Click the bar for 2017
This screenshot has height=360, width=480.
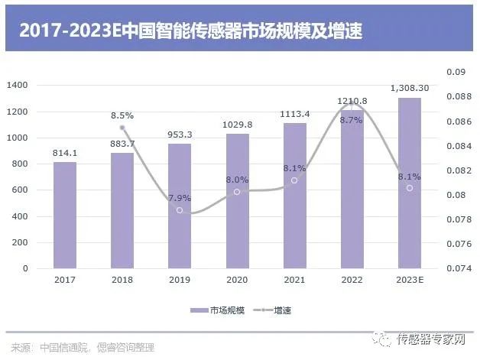point(65,215)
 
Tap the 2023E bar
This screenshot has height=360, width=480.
point(410,183)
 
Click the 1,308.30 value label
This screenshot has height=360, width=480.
point(410,89)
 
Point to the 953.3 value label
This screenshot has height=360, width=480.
point(180,135)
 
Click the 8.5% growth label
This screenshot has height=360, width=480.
point(122,115)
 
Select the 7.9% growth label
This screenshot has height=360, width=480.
point(180,197)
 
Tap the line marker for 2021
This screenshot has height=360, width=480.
point(294,180)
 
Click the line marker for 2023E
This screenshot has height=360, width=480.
point(410,188)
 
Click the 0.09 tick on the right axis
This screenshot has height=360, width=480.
point(456,73)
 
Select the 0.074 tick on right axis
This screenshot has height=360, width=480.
point(457,268)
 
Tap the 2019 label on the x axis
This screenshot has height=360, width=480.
point(180,280)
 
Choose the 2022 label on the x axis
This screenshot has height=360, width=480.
point(352,280)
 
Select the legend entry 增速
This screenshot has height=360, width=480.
point(282,310)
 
